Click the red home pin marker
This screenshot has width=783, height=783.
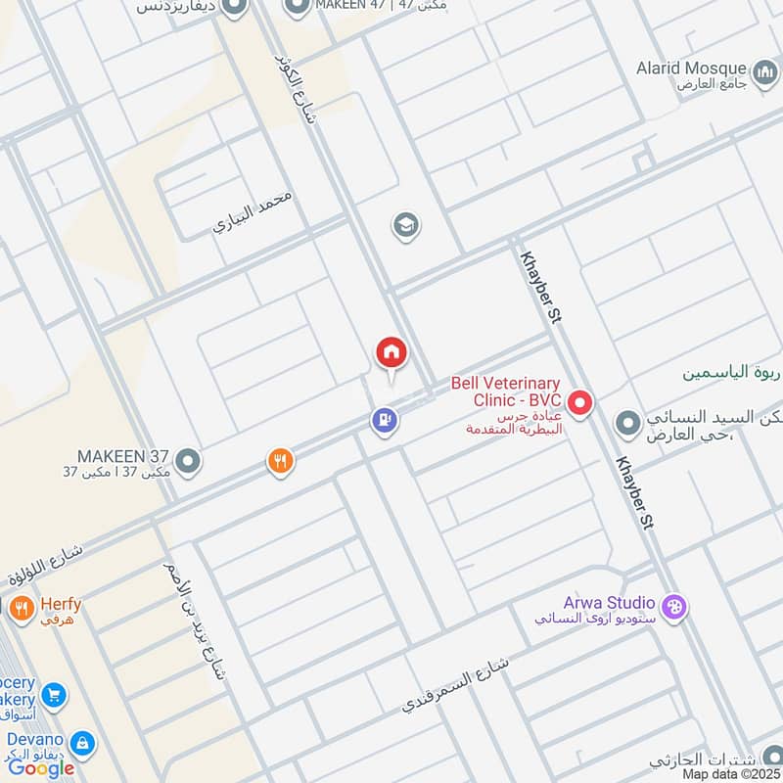(x=391, y=353)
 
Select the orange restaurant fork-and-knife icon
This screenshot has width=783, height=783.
(x=281, y=461)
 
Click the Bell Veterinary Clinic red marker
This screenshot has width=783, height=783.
(x=580, y=402)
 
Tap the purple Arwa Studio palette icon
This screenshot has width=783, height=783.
(x=674, y=607)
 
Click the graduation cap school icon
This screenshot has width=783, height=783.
(x=405, y=226)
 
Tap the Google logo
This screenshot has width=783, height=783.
(x=41, y=768)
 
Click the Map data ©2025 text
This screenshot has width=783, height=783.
(x=729, y=774)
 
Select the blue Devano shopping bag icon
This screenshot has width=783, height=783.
(x=83, y=743)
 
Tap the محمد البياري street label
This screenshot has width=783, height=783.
(x=254, y=212)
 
